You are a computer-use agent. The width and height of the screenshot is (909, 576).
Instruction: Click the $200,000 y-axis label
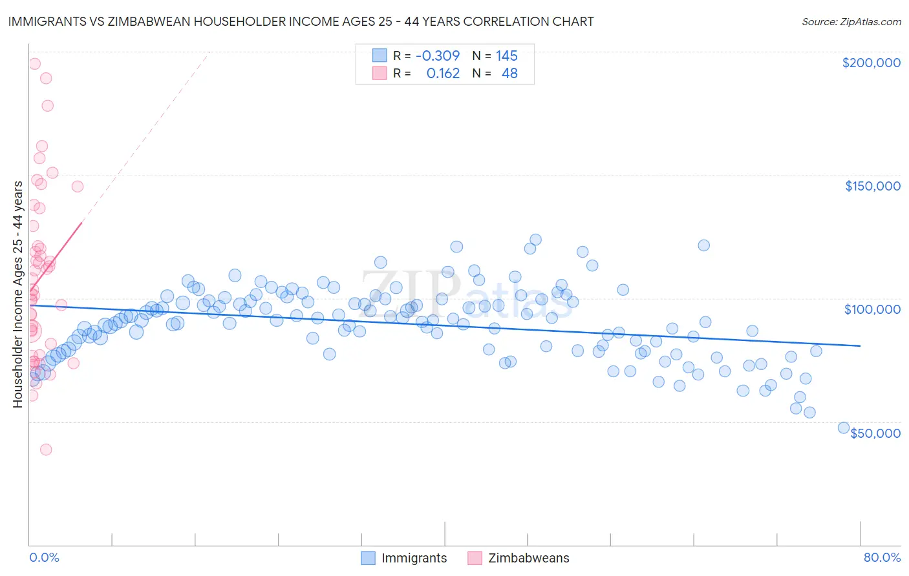point(871,63)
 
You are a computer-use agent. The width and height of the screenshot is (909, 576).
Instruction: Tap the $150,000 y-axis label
point(872,186)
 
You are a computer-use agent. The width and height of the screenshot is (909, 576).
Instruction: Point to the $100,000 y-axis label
point(872,309)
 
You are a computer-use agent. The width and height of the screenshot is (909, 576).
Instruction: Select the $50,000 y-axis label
point(875,433)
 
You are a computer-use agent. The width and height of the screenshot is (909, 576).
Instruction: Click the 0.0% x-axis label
point(44,557)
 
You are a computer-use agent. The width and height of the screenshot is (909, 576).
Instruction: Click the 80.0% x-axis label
point(882,557)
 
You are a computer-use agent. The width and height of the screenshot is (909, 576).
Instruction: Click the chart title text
point(301,21)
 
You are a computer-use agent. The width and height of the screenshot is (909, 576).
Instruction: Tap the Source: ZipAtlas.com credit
point(851,21)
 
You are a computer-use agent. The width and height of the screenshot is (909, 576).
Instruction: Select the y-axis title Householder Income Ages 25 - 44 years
point(17,294)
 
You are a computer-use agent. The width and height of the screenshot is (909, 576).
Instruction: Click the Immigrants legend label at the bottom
point(414,558)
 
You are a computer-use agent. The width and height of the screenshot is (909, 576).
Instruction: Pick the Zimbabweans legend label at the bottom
point(528,558)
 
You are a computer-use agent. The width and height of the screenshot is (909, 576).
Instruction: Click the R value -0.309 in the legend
point(438,56)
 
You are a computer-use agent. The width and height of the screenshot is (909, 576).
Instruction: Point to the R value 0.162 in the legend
point(443,73)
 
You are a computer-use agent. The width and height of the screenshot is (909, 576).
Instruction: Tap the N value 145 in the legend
point(507,56)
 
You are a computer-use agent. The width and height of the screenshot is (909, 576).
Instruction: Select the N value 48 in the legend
point(509,73)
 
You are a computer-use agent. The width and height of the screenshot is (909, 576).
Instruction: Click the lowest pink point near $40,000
point(46,449)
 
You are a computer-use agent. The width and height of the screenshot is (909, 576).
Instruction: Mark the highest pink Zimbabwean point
point(34,64)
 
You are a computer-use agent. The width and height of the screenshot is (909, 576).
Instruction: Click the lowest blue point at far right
point(843,427)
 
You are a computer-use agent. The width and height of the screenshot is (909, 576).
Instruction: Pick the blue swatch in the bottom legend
point(368,558)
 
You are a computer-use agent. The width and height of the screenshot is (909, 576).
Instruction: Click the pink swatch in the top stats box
point(380,73)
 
